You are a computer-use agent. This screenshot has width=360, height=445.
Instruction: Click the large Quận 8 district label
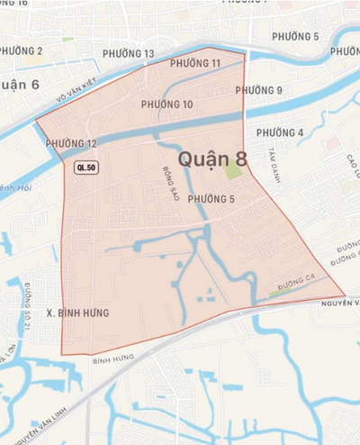(x=212, y=159)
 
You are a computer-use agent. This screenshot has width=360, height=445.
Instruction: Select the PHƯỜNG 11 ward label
(x=195, y=63)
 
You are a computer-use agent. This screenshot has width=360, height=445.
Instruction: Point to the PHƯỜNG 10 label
(x=166, y=105)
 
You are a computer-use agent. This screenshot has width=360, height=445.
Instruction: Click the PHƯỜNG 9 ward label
(x=259, y=90)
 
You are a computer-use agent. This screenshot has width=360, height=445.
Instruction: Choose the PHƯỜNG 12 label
(x=70, y=144)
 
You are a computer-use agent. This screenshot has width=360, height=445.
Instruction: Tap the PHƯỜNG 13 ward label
(x=128, y=54)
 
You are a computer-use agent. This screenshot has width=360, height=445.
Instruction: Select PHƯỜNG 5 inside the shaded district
(x=211, y=199)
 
